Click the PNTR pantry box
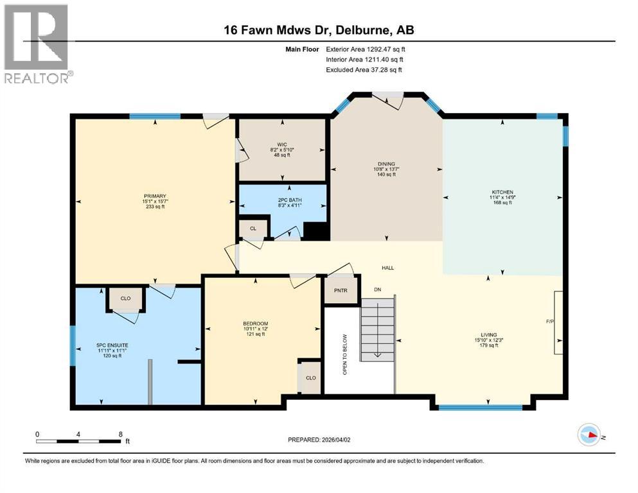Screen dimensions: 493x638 pos(341,290)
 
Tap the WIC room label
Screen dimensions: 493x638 pos(281,145)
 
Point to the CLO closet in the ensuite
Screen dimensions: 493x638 pos(125,298)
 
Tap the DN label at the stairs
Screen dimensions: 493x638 pos(379,290)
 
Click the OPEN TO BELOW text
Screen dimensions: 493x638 pos(344,354)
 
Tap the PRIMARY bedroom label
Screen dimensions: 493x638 pos(155,196)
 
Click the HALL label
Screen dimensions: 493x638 pos(387,268)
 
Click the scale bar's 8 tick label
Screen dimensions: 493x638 pos(121,434)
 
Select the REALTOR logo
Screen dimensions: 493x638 pos(38,44)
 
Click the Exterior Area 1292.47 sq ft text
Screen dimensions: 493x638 pos(366,49)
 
